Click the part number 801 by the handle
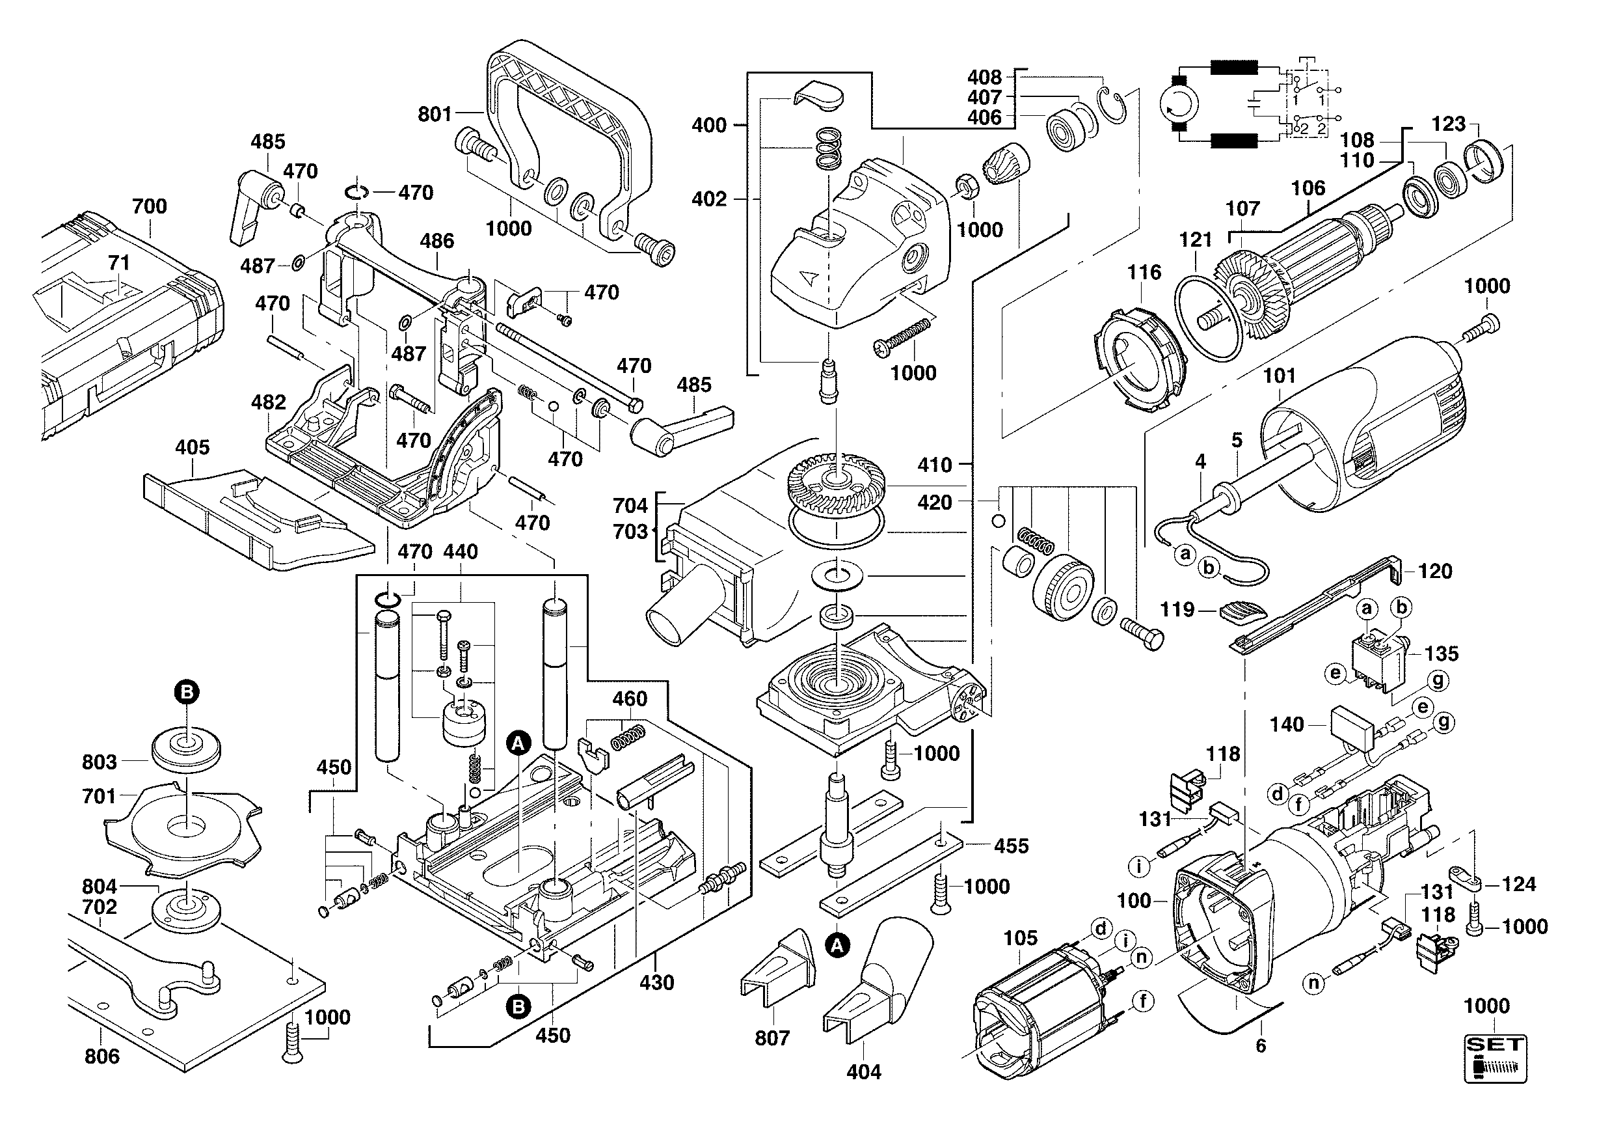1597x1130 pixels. pyautogui.click(x=435, y=113)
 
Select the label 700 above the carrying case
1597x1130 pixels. pyautogui.click(x=150, y=206)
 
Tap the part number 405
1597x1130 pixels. pyautogui.click(x=192, y=447)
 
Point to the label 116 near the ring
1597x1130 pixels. pyautogui.click(x=1144, y=272)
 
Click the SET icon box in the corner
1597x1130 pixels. pyautogui.click(x=1496, y=1058)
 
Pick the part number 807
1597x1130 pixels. pyautogui.click(x=772, y=1038)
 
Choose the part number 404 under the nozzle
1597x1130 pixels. pyautogui.click(x=864, y=1072)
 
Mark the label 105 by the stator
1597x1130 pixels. pyautogui.click(x=1021, y=938)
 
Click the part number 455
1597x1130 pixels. pyautogui.click(x=1012, y=846)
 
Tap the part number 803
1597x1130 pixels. pyautogui.click(x=100, y=762)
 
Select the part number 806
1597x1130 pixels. pyautogui.click(x=101, y=1056)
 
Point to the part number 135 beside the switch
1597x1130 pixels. pyautogui.click(x=1441, y=654)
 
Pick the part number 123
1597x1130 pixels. pyautogui.click(x=1449, y=124)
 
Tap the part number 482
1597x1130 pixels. pyautogui.click(x=269, y=402)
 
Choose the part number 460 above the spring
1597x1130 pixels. pyautogui.click(x=630, y=698)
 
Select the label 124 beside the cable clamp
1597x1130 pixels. pyautogui.click(x=1518, y=885)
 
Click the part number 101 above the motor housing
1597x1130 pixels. pyautogui.click(x=1279, y=376)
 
